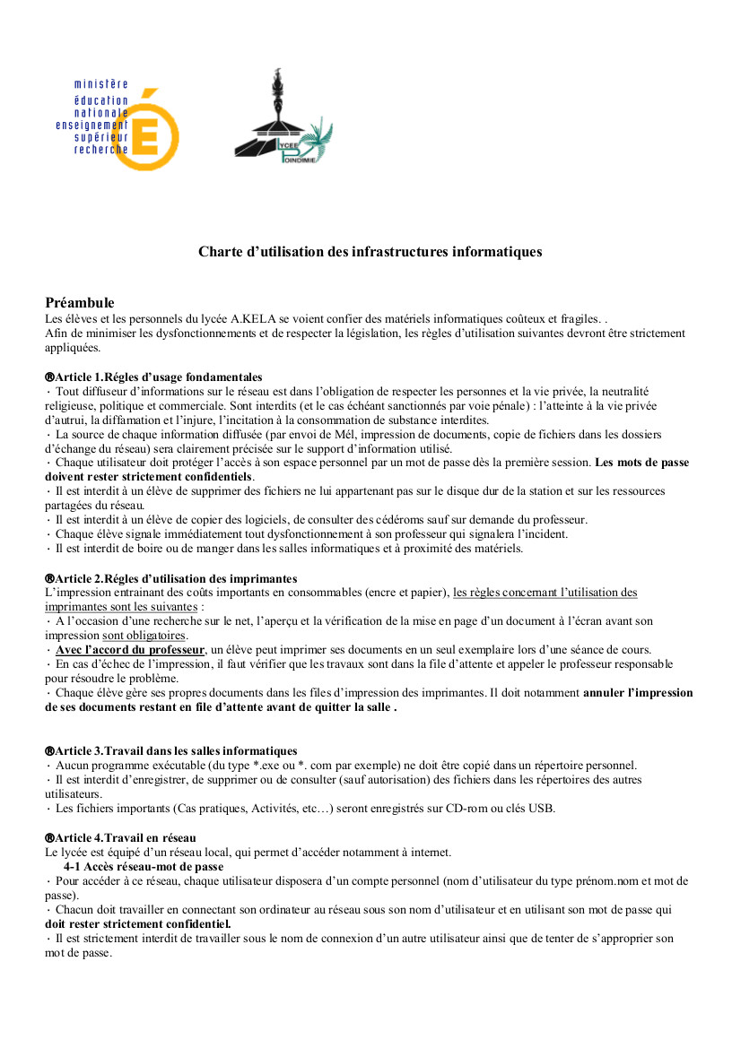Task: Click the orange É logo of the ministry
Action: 155,130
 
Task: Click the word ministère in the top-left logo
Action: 101,84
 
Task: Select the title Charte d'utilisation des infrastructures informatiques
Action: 370,252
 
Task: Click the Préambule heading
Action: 80,303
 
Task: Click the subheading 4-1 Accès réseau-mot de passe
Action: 144,867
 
